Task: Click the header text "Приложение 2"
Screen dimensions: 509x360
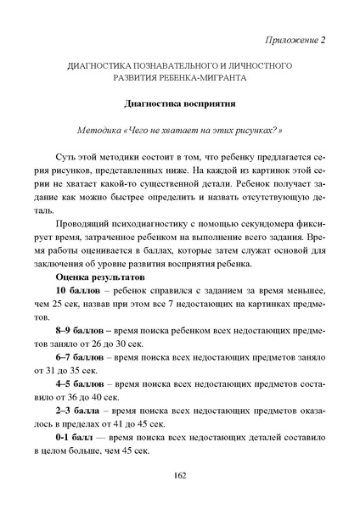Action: click(x=297, y=39)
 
